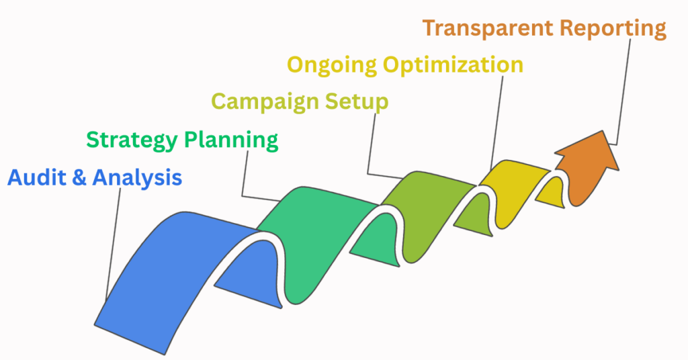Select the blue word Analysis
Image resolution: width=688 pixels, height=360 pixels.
pyautogui.click(x=137, y=178)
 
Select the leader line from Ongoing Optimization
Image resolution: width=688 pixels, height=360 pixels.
pyautogui.click(x=498, y=121)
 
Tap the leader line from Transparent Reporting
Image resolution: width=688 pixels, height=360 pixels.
pyautogui.click(x=626, y=87)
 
